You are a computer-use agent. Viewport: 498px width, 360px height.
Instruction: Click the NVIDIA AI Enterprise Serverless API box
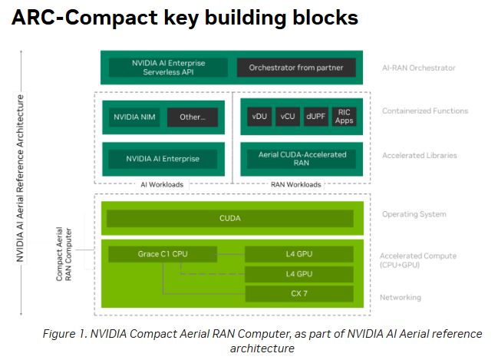pyautogui.click(x=163, y=68)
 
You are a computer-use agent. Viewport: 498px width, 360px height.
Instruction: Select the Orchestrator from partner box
pyautogui.click(x=295, y=68)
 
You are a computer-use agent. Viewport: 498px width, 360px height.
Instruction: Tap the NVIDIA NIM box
pyautogui.click(x=134, y=117)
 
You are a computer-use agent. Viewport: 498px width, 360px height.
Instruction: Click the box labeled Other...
pyautogui.click(x=192, y=117)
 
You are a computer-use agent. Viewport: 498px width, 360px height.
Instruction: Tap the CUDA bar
pyautogui.click(x=229, y=218)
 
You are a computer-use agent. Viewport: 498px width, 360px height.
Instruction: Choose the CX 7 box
pyautogui.click(x=298, y=292)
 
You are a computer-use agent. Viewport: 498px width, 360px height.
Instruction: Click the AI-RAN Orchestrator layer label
pyautogui.click(x=418, y=68)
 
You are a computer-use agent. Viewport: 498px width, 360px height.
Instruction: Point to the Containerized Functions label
pyautogui.click(x=424, y=111)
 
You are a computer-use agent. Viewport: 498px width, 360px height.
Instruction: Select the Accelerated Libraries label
pyautogui.click(x=419, y=156)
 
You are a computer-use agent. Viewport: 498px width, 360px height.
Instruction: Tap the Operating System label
pyautogui.click(x=414, y=215)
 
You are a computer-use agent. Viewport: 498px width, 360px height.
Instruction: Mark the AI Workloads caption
pyautogui.click(x=162, y=185)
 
